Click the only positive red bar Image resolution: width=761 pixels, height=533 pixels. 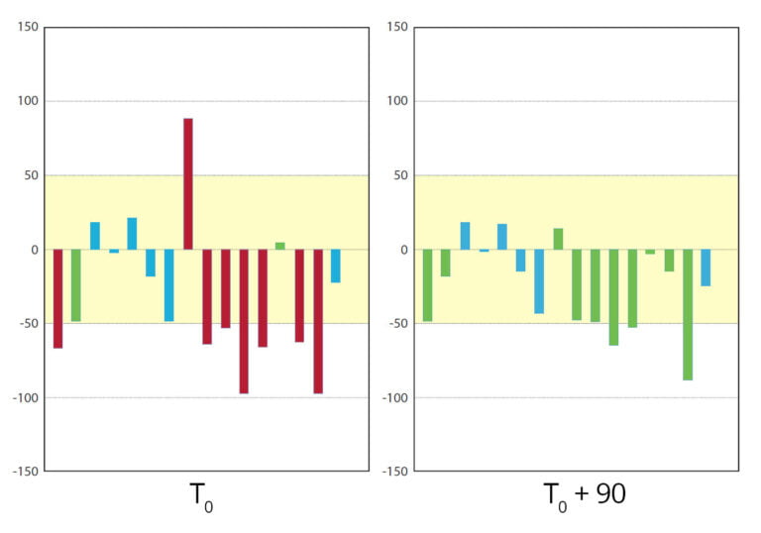click(x=188, y=183)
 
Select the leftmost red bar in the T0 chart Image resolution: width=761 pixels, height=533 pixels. click(x=57, y=298)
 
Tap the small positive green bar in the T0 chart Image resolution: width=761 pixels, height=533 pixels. click(x=280, y=246)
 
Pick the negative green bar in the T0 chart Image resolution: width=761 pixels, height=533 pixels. click(x=76, y=285)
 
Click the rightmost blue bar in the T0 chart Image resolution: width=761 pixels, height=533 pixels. click(x=336, y=266)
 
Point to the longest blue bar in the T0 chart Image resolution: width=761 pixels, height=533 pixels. click(x=169, y=285)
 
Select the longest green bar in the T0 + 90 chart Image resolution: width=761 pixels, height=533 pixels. click(x=688, y=314)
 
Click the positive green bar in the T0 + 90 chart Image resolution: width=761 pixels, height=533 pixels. click(x=558, y=239)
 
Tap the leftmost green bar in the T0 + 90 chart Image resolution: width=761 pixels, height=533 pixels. click(x=428, y=285)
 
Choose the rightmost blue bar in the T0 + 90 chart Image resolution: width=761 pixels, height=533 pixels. click(x=706, y=267)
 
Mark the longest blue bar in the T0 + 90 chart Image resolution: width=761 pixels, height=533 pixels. click(x=539, y=281)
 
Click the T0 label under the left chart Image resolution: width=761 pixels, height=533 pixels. click(x=199, y=497)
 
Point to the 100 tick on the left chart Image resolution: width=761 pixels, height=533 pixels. click(x=27, y=101)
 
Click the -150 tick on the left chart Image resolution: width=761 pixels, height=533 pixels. click(x=24, y=472)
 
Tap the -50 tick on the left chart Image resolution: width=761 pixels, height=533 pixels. click(x=27, y=323)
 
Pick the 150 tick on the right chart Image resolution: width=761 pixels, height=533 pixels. click(x=395, y=27)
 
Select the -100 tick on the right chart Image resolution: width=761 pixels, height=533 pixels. click(x=393, y=397)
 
